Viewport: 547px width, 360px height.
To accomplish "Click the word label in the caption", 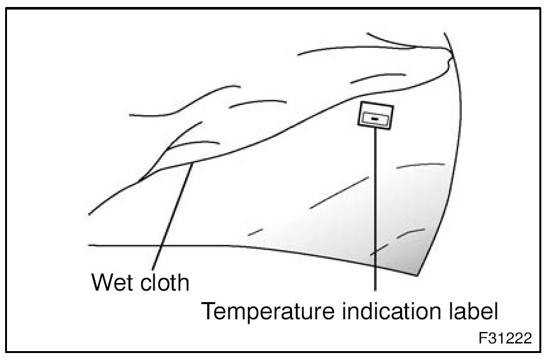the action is (x=473, y=312).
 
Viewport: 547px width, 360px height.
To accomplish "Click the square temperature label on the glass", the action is (x=375, y=116).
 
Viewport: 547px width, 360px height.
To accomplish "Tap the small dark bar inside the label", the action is (x=375, y=118).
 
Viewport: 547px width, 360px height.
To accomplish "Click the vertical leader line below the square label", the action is (x=376, y=210).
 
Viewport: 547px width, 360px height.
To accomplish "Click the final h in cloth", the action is (x=183, y=281).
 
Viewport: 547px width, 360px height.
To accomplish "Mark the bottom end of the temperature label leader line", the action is (x=376, y=291).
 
